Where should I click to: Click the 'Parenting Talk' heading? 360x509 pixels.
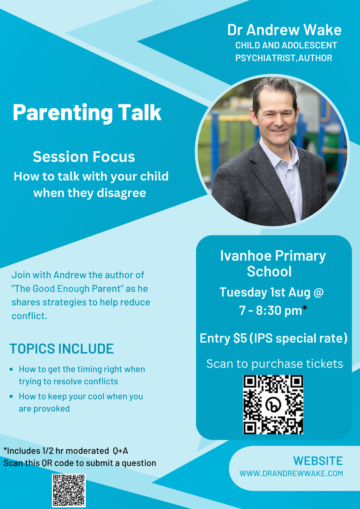pyautogui.click(x=87, y=113)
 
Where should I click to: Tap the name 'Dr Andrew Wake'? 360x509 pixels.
pyautogui.click(x=284, y=30)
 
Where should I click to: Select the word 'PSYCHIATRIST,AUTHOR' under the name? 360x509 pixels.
pyautogui.click(x=284, y=58)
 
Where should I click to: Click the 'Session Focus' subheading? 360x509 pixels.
pyautogui.click(x=84, y=157)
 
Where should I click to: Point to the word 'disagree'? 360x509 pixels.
pyautogui.click(x=121, y=193)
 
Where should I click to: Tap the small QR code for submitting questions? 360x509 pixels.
pyautogui.click(x=69, y=490)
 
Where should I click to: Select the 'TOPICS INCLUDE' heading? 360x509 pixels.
pyautogui.click(x=62, y=349)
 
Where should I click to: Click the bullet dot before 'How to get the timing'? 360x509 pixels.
pyautogui.click(x=11, y=369)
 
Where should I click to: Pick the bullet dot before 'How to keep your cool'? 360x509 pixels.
pyautogui.click(x=11, y=397)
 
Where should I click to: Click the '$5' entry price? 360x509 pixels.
pyautogui.click(x=240, y=338)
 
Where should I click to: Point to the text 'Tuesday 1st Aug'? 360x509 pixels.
pyautogui.click(x=265, y=292)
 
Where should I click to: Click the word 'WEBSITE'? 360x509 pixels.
pyautogui.click(x=318, y=461)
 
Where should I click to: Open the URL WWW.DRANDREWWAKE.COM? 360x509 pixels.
pyautogui.click(x=291, y=473)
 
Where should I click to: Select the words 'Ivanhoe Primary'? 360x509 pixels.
pyautogui.click(x=273, y=256)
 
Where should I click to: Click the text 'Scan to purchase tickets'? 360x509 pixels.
pyautogui.click(x=275, y=364)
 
